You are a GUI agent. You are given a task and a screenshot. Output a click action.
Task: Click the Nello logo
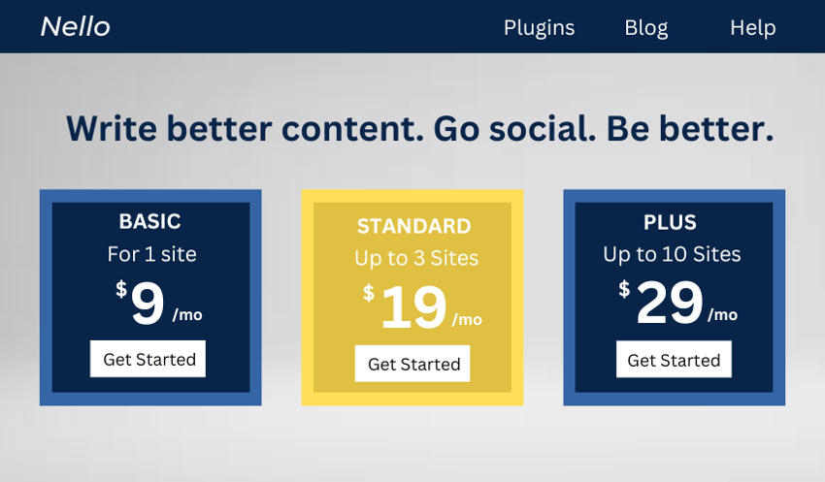[x=76, y=26]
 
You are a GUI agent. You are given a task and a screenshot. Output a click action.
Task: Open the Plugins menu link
[x=539, y=28]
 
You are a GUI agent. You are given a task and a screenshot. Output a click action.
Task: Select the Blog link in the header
[x=646, y=28]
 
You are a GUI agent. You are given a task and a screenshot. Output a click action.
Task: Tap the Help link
[x=752, y=28]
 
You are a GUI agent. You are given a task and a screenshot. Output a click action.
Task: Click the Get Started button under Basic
[x=148, y=359]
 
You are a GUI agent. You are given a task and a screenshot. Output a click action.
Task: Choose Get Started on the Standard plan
[x=412, y=364]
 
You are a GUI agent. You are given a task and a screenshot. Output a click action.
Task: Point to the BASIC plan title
[x=149, y=221]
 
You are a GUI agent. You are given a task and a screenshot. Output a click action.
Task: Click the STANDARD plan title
[x=414, y=226]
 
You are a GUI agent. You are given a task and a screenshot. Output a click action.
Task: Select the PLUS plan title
[x=670, y=222]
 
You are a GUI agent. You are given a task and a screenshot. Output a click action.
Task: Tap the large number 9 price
[x=148, y=304]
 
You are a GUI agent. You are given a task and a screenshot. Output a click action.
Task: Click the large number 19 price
[x=414, y=307]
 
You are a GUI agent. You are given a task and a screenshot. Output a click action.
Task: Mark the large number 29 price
[x=670, y=303]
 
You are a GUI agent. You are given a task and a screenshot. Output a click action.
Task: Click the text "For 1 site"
[x=152, y=254]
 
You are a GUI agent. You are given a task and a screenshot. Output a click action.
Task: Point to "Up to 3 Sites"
[x=416, y=259]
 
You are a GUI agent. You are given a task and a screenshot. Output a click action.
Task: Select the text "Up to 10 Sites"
[x=672, y=255]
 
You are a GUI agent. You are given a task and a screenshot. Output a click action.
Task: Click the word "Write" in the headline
[x=112, y=129]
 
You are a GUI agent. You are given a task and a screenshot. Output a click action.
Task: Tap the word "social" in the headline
[x=543, y=129]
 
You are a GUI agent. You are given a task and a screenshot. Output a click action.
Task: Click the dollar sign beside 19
[x=369, y=293]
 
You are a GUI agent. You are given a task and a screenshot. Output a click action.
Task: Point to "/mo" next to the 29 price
[x=722, y=315]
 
